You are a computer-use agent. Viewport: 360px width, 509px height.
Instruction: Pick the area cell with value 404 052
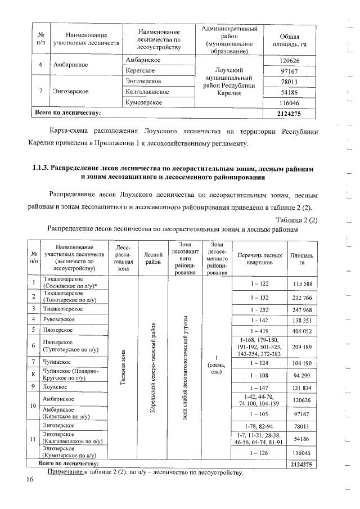(x=302, y=330)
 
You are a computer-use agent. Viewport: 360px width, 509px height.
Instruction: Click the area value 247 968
(x=302, y=309)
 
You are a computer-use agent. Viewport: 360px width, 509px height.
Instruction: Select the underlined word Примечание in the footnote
(x=65, y=471)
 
